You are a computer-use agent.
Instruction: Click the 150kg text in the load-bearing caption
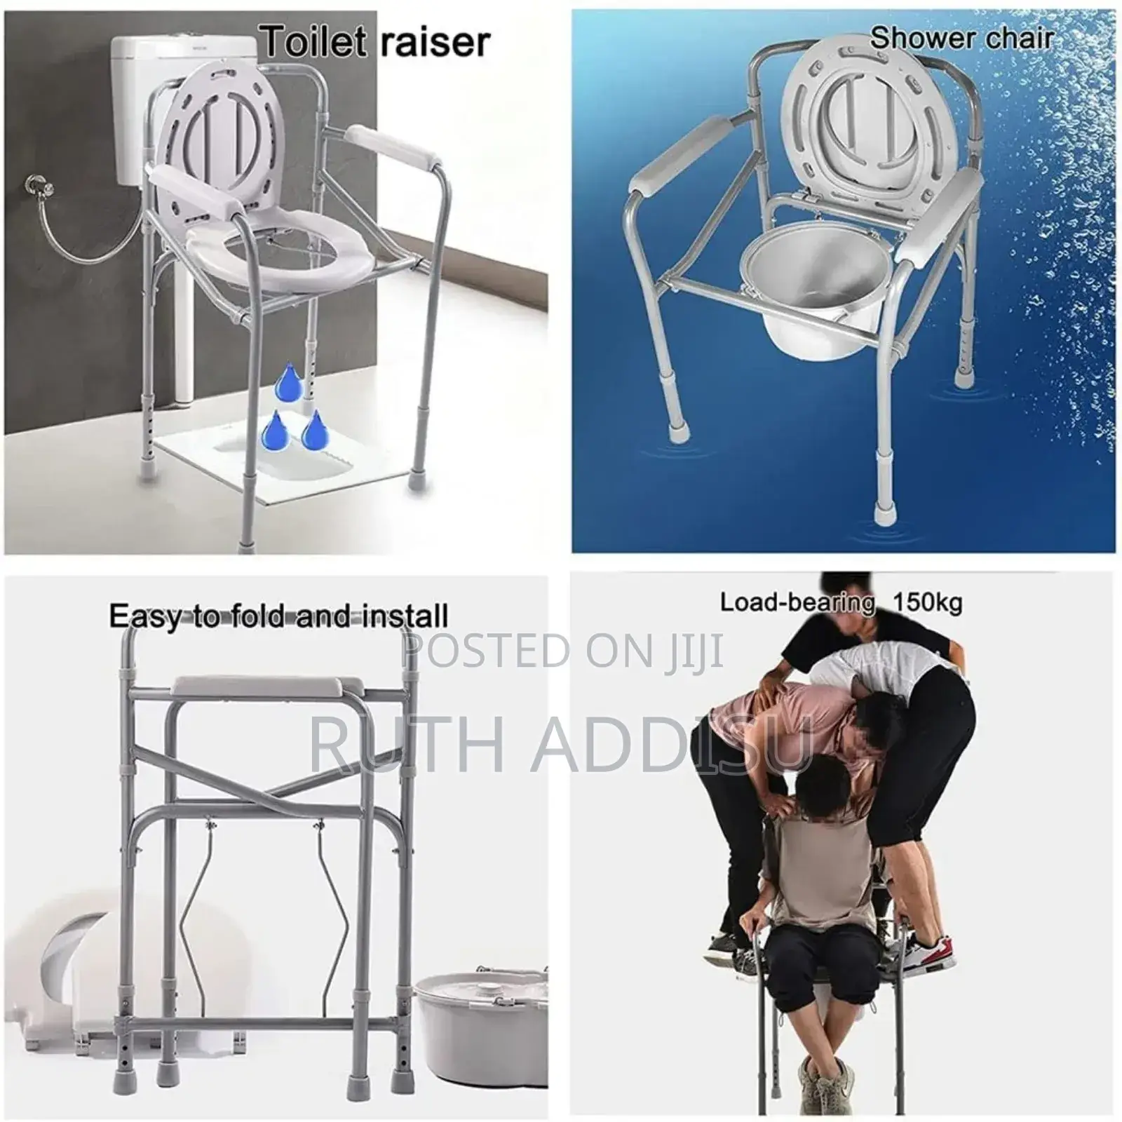[927, 602]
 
